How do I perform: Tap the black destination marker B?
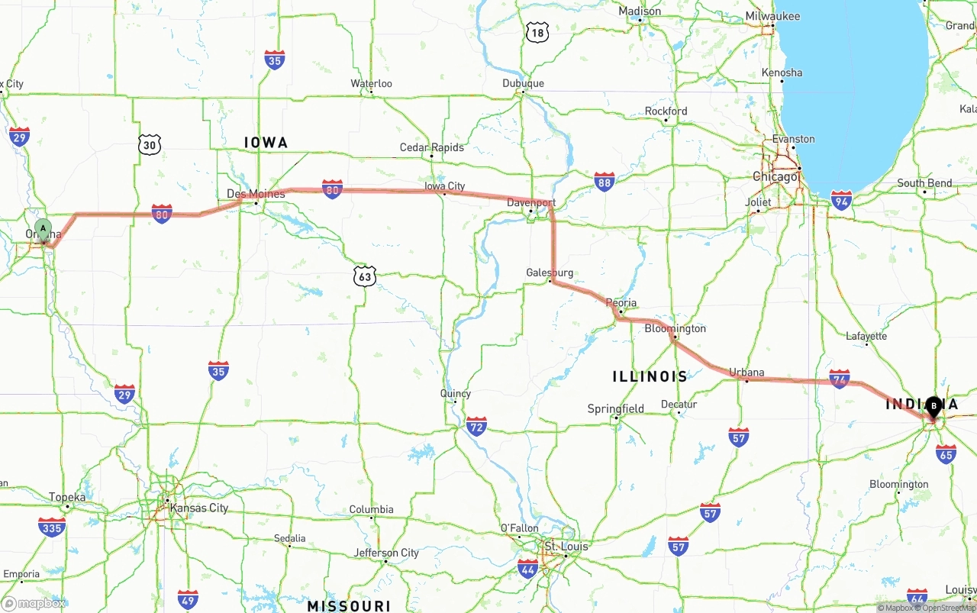click(x=933, y=406)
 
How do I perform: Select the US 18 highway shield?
click(x=537, y=32)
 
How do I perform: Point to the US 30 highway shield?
click(x=150, y=144)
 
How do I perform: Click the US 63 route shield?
click(x=365, y=276)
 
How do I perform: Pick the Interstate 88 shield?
click(x=605, y=182)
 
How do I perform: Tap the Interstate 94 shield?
click(x=842, y=201)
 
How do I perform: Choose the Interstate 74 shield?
click(x=840, y=379)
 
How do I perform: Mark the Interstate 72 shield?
click(x=477, y=426)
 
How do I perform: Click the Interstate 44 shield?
click(x=527, y=568)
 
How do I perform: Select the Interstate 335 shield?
click(x=51, y=527)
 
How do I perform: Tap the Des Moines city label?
click(x=256, y=194)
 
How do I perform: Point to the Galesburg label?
click(x=550, y=273)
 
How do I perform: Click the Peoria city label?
click(x=621, y=303)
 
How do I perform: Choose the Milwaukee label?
click(x=773, y=16)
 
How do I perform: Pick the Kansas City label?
click(x=198, y=508)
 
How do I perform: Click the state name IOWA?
click(x=266, y=143)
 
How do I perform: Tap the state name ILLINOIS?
click(x=650, y=376)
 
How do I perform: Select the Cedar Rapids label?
click(x=432, y=147)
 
